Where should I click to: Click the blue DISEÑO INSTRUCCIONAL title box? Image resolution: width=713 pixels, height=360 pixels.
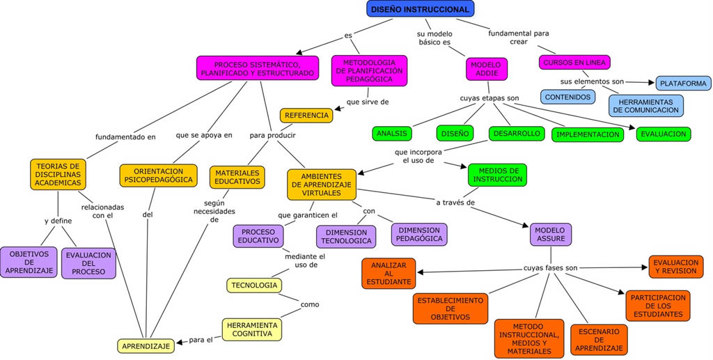click(420, 8)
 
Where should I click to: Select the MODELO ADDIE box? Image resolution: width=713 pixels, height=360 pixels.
click(486, 69)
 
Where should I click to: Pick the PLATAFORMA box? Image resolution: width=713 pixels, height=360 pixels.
click(683, 84)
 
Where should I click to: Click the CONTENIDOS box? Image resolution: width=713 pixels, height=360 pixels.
click(567, 97)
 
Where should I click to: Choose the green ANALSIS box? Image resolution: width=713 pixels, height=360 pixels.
click(391, 134)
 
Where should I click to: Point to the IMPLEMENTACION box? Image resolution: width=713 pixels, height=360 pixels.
click(588, 134)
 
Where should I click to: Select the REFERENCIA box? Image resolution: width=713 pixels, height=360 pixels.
click(306, 116)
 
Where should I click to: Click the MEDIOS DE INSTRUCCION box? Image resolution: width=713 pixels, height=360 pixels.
click(497, 175)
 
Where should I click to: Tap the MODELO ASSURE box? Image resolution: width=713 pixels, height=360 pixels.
click(550, 234)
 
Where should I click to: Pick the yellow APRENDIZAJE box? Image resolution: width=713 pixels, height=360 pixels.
click(146, 346)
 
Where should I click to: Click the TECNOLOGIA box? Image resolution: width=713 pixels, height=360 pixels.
click(254, 285)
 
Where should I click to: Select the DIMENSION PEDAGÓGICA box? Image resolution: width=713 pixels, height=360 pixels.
click(418, 234)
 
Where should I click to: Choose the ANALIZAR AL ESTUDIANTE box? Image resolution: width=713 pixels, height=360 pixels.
click(389, 273)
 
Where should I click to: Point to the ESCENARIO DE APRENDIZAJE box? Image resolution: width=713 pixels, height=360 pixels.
click(599, 340)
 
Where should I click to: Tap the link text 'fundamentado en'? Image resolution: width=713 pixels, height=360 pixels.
click(125, 136)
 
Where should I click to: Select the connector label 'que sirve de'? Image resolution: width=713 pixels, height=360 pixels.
click(368, 102)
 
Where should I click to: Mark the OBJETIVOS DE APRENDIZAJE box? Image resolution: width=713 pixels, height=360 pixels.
click(29, 263)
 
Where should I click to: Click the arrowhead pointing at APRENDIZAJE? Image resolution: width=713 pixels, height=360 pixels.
click(179, 343)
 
